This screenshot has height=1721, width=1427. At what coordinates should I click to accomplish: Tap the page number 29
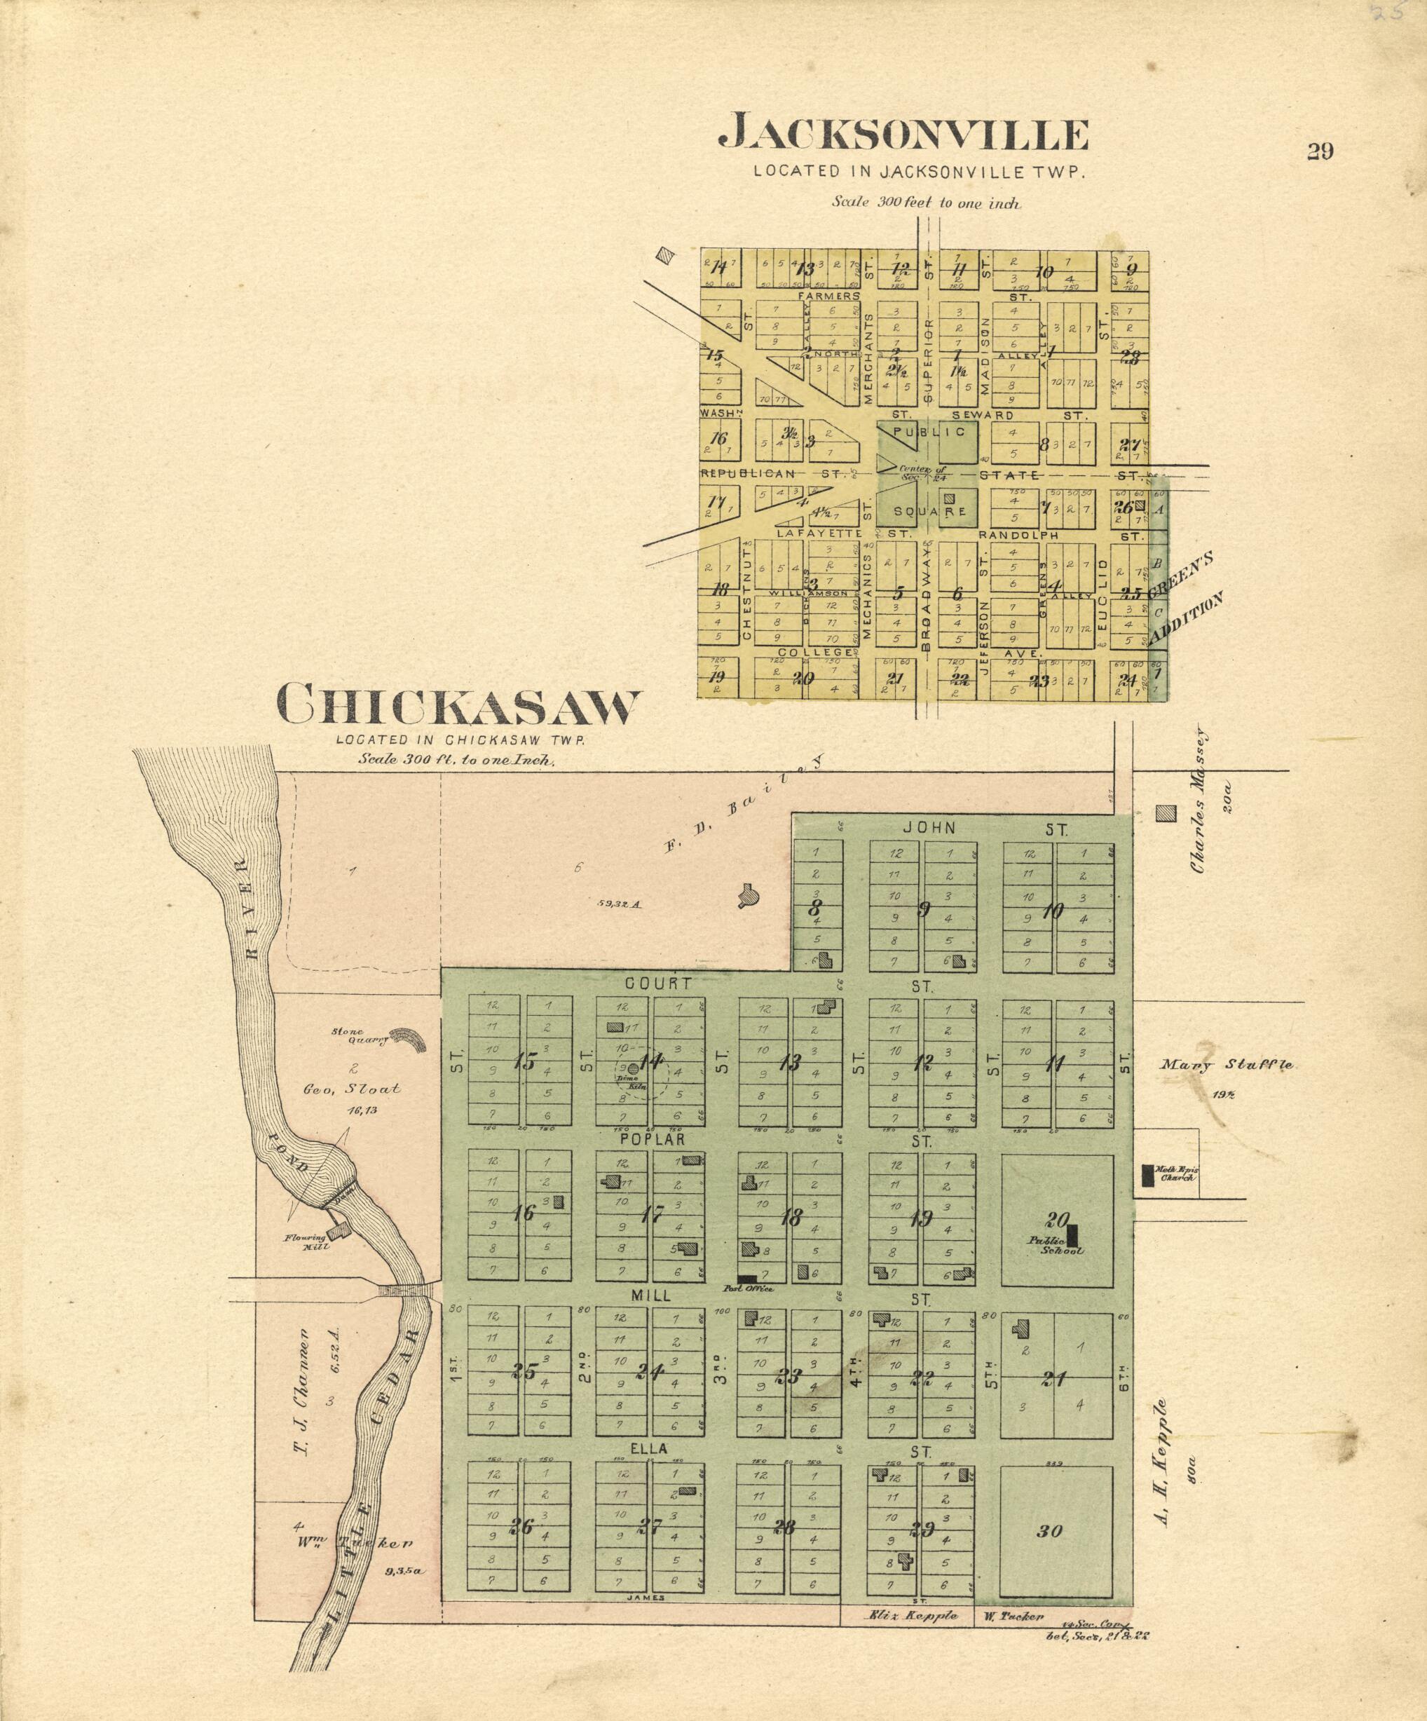click(1320, 151)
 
